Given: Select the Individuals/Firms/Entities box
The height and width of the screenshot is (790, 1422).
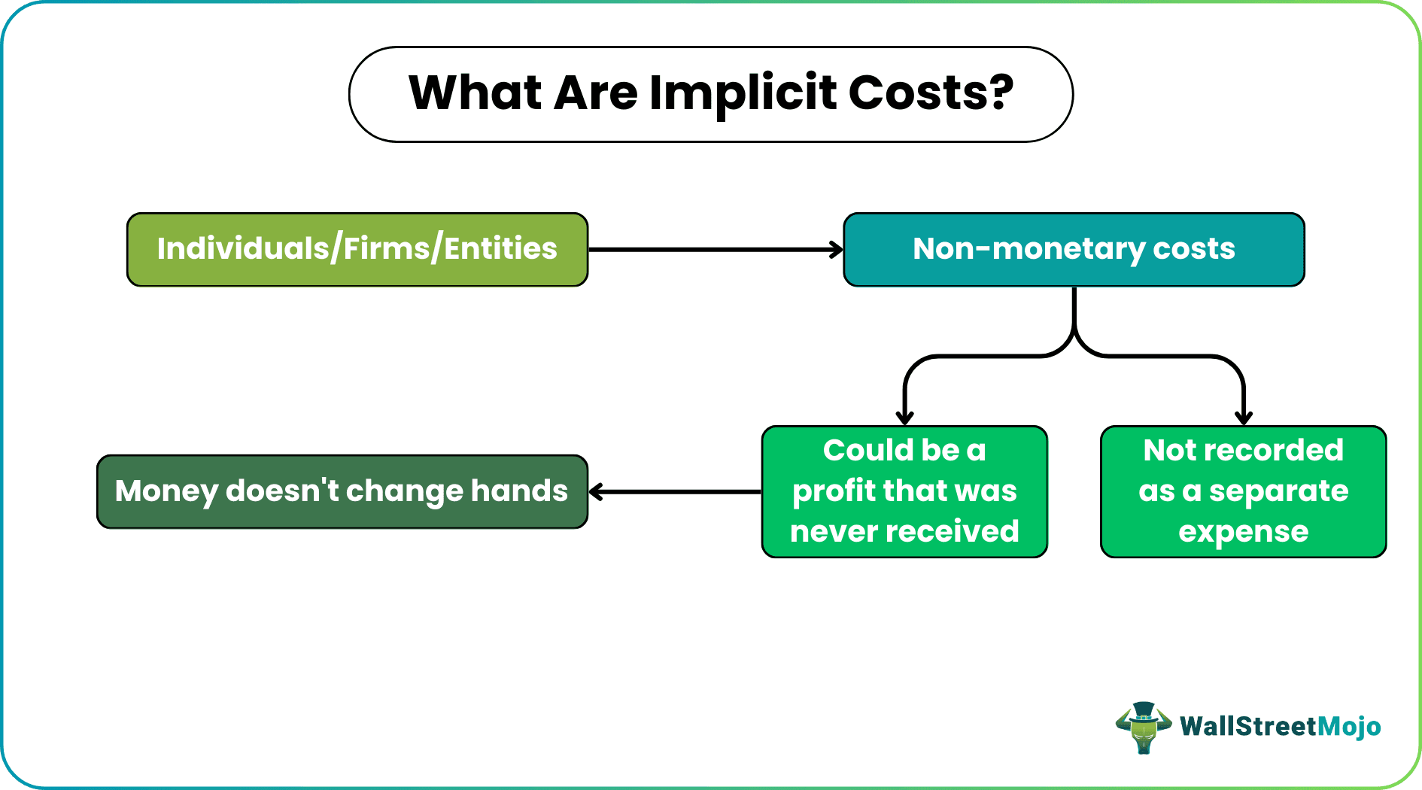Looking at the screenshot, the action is [357, 249].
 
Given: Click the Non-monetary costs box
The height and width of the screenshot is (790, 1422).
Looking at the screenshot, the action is [1074, 249].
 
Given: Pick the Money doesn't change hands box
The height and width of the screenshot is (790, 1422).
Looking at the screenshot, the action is [342, 491].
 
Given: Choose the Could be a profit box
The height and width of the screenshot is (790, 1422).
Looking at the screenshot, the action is [904, 491].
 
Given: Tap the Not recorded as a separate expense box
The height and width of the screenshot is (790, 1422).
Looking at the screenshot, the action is [1243, 491].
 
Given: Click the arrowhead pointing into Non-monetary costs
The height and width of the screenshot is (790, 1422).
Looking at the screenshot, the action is [836, 249].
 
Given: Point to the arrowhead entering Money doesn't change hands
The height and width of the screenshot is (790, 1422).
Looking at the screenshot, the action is [597, 492].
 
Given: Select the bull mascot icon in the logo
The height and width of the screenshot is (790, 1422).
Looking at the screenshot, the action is [1144, 728].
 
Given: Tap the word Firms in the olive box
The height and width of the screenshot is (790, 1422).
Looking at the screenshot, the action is [386, 248].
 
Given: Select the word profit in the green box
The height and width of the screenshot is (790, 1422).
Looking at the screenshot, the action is [834, 492].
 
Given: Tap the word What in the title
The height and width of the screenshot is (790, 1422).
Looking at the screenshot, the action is [475, 93].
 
